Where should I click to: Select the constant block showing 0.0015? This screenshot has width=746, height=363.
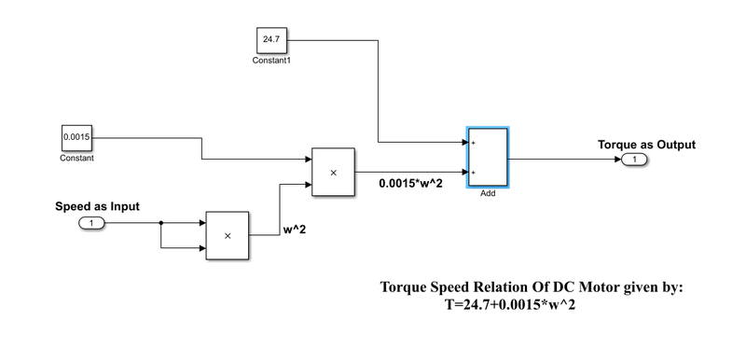coord(76,137)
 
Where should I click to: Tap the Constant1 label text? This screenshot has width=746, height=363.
coord(271,61)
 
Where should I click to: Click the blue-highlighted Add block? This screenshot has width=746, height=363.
coord(487,157)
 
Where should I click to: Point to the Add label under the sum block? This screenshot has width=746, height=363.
coord(487,194)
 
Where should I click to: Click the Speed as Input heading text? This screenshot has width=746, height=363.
coord(98,206)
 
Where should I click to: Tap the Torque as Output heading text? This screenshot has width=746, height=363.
coord(645,144)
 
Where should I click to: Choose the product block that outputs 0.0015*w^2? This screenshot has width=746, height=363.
coord(334,172)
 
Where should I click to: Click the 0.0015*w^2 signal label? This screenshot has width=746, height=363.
coord(411,183)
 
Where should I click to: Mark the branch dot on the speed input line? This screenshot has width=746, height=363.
coord(161,223)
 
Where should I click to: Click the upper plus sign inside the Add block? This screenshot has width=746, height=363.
coord(474,143)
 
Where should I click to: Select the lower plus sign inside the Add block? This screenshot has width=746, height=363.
coord(474,173)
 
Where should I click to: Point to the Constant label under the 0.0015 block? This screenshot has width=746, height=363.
coord(76,158)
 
